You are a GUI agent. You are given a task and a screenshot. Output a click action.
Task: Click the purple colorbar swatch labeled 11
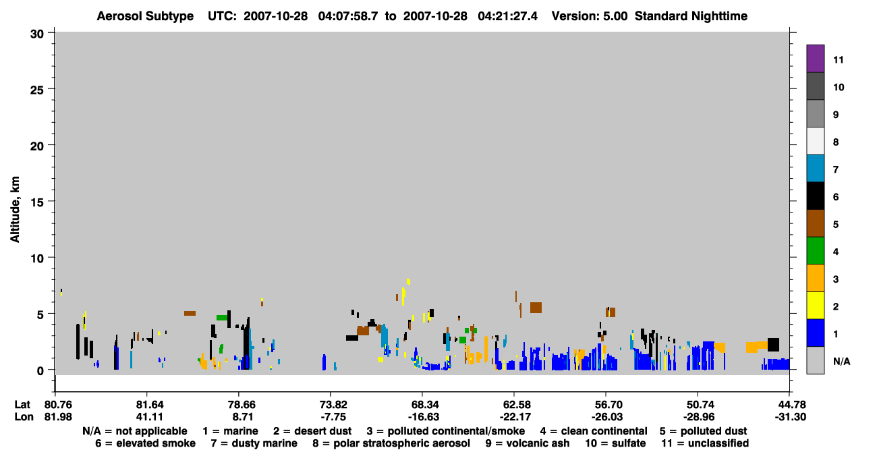point(815,59)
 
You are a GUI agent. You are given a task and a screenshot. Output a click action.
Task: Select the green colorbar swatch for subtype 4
point(815,251)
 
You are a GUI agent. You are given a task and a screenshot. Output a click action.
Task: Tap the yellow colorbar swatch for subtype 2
point(815,306)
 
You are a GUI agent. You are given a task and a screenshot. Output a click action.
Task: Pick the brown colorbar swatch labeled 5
point(815,223)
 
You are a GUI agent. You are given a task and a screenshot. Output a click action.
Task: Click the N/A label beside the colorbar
point(841,361)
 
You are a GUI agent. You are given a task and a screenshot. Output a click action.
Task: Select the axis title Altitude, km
point(14,210)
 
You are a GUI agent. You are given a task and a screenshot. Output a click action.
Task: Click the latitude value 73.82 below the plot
point(333,405)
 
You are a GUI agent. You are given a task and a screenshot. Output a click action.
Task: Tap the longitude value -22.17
point(515,417)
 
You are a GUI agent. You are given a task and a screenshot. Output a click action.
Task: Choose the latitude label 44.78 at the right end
point(790,405)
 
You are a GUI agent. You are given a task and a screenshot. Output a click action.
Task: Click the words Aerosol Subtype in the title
point(145,16)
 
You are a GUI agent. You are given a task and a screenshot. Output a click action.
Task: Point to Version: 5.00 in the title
point(590,16)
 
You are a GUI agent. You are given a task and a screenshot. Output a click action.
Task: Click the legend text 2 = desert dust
point(312,431)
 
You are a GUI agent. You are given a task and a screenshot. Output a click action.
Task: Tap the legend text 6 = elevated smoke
point(145,443)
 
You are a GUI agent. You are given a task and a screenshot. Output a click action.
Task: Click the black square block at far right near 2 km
point(773,345)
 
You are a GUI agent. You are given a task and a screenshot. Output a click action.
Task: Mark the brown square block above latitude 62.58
point(536,308)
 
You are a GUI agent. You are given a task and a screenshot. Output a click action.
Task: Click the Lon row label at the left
point(24,417)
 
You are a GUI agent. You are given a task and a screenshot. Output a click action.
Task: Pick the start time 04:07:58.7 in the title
point(348,16)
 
